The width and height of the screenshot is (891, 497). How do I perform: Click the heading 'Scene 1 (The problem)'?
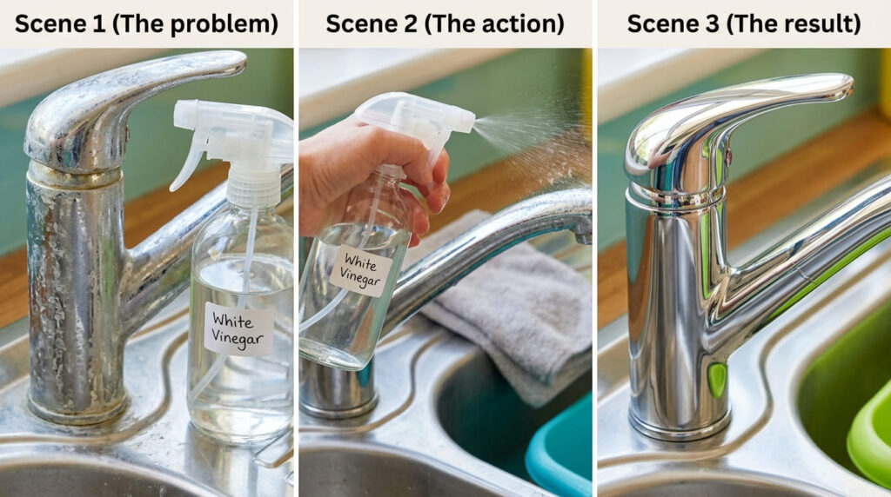click(x=146, y=23)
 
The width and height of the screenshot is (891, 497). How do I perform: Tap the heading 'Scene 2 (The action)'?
click(x=445, y=23)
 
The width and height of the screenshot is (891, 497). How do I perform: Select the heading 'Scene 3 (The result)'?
click(x=744, y=23)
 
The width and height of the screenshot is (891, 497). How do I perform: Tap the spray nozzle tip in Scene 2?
click(x=469, y=121)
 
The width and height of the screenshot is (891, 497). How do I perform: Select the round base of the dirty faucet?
click(x=77, y=408)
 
